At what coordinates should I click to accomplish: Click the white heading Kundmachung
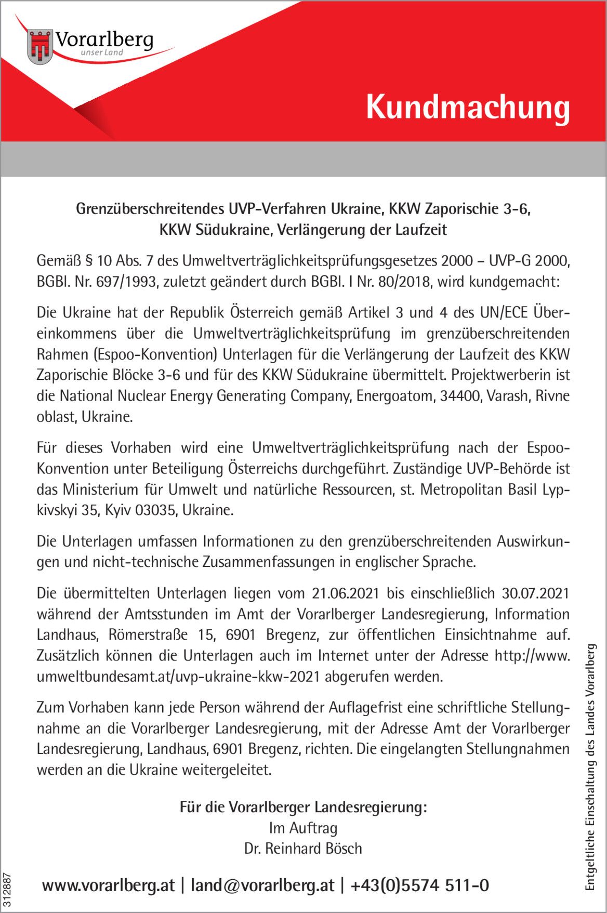468,108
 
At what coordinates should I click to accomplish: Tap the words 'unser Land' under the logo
102,52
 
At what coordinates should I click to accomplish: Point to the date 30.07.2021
535,593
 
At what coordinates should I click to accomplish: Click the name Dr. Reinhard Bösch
303,849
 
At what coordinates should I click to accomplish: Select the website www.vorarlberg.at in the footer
109,885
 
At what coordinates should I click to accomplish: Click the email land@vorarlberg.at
262,885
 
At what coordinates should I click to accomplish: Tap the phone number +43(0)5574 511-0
420,885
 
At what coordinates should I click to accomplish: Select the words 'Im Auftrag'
303,828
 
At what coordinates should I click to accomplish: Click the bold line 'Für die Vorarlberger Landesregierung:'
303,807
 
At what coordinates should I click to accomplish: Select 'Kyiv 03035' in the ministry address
139,510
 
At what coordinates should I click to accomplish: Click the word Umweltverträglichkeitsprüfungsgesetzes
309,261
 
